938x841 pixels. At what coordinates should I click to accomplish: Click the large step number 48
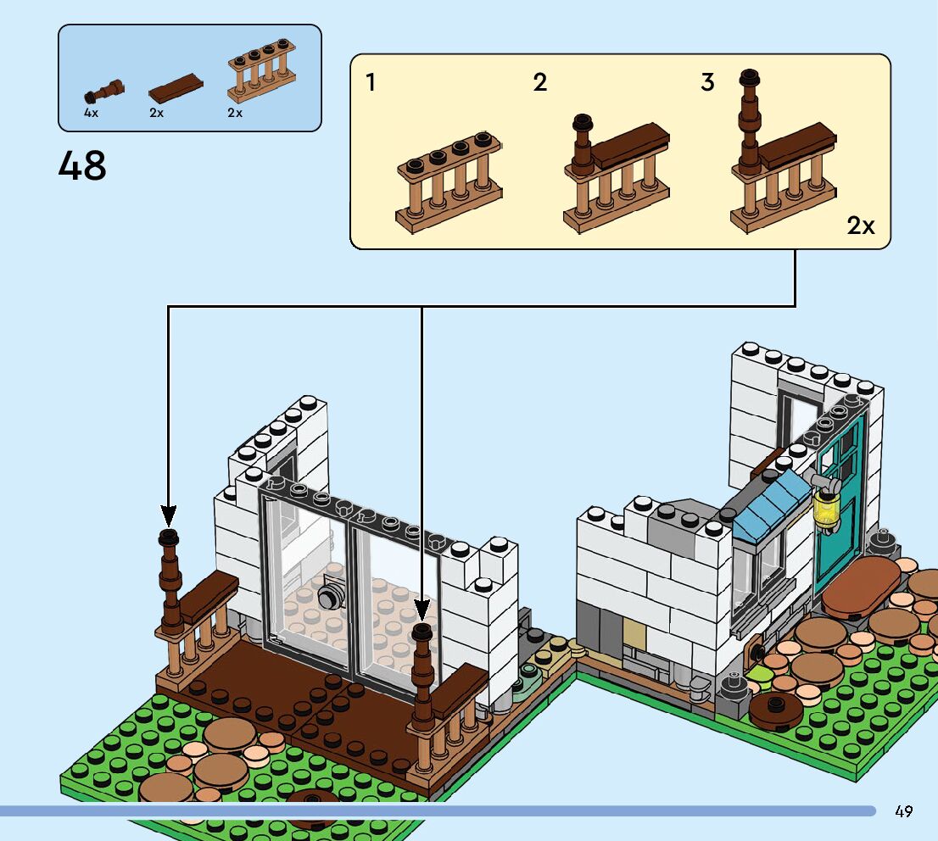(82, 165)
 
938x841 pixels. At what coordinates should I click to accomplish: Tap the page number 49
(904, 811)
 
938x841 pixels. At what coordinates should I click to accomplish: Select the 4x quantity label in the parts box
(91, 113)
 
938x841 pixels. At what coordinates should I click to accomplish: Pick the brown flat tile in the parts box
(176, 88)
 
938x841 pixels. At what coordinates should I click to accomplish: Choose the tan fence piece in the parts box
(261, 70)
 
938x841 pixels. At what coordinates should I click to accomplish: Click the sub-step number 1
(371, 82)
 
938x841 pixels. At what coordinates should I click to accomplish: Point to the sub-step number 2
(539, 82)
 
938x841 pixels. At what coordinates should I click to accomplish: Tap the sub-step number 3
(707, 82)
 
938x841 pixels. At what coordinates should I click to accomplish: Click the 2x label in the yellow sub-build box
(861, 226)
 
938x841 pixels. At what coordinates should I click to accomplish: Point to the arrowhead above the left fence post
(169, 515)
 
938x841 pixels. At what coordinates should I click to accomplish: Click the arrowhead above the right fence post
(422, 610)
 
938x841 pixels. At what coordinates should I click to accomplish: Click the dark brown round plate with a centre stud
(775, 710)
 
